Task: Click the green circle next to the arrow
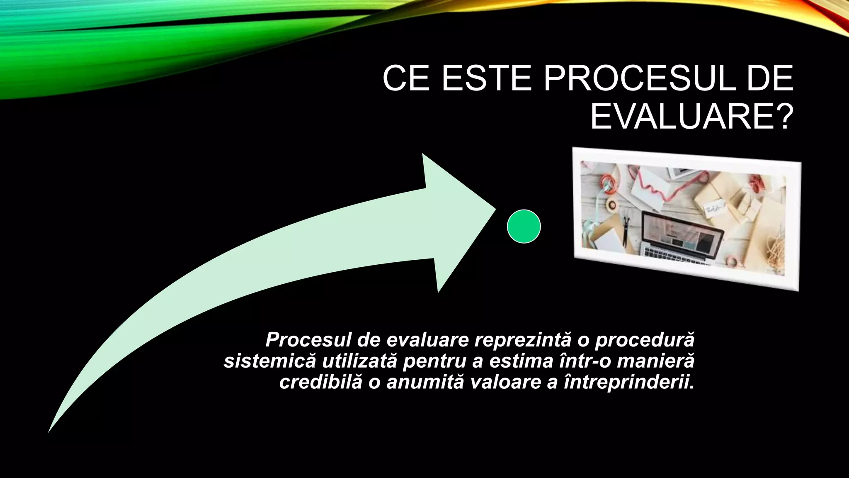click(524, 226)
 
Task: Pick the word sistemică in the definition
click(269, 361)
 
